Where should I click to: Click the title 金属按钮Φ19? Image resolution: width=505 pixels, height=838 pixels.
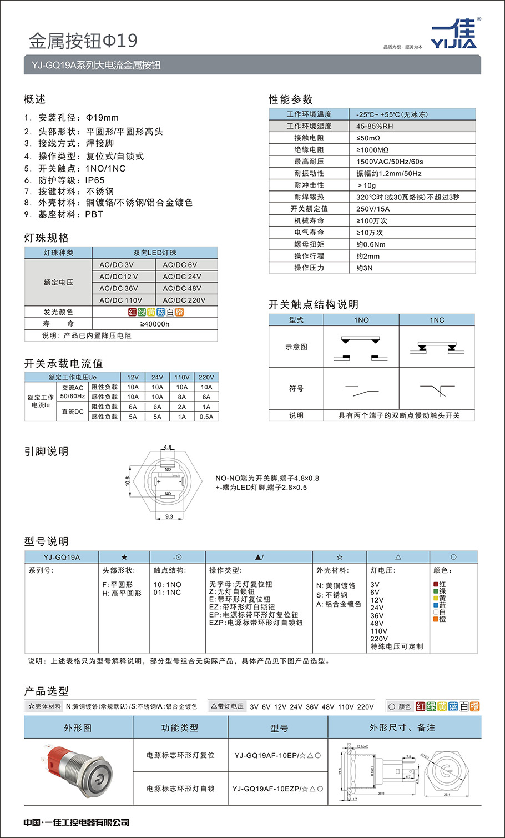(83, 41)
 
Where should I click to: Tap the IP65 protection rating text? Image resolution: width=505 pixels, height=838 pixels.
(94, 180)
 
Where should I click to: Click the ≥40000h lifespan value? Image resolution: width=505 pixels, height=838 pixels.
(155, 324)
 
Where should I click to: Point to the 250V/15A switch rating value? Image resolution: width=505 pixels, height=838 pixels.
(373, 209)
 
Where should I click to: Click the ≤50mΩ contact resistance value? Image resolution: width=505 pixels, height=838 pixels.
(368, 138)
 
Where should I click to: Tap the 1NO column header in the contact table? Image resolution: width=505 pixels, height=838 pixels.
(361, 320)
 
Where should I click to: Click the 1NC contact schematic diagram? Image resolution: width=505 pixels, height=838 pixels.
(437, 347)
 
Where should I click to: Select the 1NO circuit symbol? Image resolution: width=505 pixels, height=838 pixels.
(361, 390)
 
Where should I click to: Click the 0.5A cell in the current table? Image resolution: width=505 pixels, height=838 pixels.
(206, 417)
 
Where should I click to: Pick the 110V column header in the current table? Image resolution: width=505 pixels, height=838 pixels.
(182, 377)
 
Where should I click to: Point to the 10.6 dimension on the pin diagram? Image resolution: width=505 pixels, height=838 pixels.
(128, 481)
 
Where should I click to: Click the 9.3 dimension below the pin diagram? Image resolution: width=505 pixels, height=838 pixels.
(169, 517)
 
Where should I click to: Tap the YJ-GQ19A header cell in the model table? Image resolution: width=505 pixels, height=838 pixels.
(62, 557)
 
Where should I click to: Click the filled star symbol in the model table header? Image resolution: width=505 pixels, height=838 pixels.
(124, 557)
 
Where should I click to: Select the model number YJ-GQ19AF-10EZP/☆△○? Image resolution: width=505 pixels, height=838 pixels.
(277, 789)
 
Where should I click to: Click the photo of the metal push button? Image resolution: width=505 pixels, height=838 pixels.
(78, 772)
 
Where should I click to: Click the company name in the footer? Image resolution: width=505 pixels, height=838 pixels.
(77, 822)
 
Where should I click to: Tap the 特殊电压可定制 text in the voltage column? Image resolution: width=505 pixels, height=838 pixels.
(396, 646)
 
